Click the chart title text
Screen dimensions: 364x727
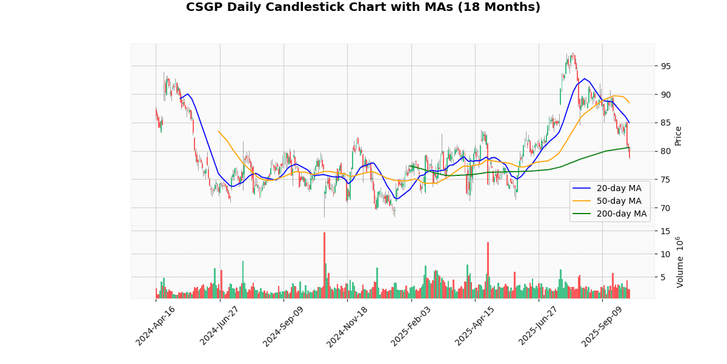click(363, 7)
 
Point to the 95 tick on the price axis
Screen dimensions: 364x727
click(665, 66)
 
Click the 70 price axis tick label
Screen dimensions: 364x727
click(665, 208)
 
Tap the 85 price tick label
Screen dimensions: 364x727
click(665, 123)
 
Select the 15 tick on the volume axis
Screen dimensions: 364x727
click(665, 231)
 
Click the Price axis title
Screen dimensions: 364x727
click(679, 135)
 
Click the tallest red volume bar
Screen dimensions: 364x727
click(324, 265)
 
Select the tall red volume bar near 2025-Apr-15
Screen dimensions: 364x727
click(488, 270)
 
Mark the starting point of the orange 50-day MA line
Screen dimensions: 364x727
click(219, 131)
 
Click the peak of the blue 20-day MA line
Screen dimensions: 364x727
click(584, 78)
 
